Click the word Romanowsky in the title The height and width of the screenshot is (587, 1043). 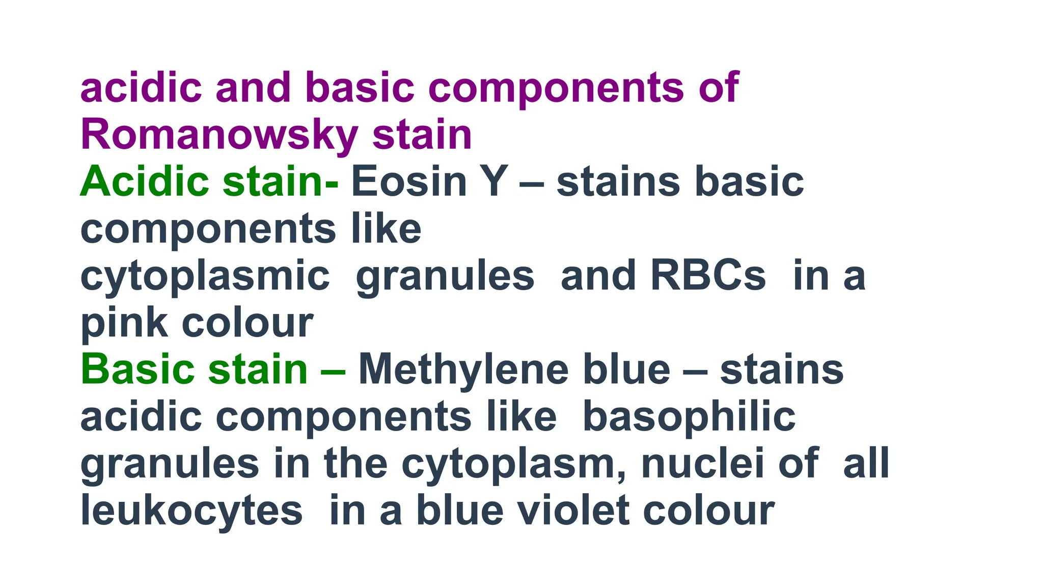coord(219,135)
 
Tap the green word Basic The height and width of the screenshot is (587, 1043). coord(138,369)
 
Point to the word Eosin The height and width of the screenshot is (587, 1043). coord(409,181)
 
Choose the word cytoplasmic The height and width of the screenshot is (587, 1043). coord(205,276)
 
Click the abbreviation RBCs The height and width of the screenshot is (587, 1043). coord(708,276)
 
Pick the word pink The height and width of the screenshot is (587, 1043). coord(124,323)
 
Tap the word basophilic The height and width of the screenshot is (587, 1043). coord(689,417)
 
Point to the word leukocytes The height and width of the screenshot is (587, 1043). coord(191,511)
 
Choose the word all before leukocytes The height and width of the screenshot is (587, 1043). coord(866,464)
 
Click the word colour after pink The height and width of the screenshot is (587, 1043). coord(248,323)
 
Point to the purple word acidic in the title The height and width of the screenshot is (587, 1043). coord(141,88)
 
